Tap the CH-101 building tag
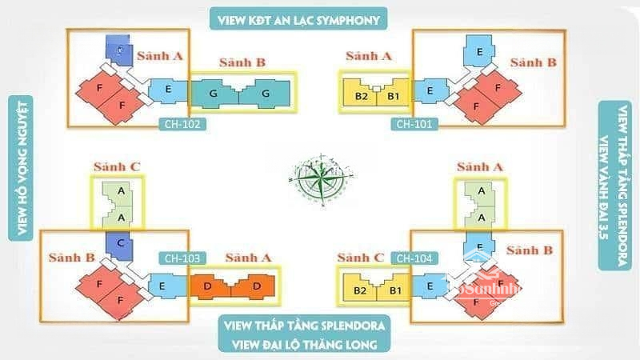pos(414,124)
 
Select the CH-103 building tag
pos(183,258)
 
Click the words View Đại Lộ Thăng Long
pos(303,345)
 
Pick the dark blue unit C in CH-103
pos(118,245)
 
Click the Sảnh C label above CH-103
pos(118,167)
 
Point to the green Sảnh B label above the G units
pos(243,62)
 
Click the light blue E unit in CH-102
pos(168,90)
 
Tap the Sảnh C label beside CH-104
pos(360,258)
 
